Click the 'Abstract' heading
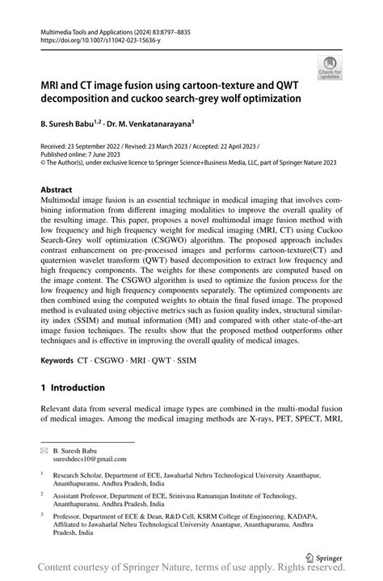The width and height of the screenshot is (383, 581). click(61, 191)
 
